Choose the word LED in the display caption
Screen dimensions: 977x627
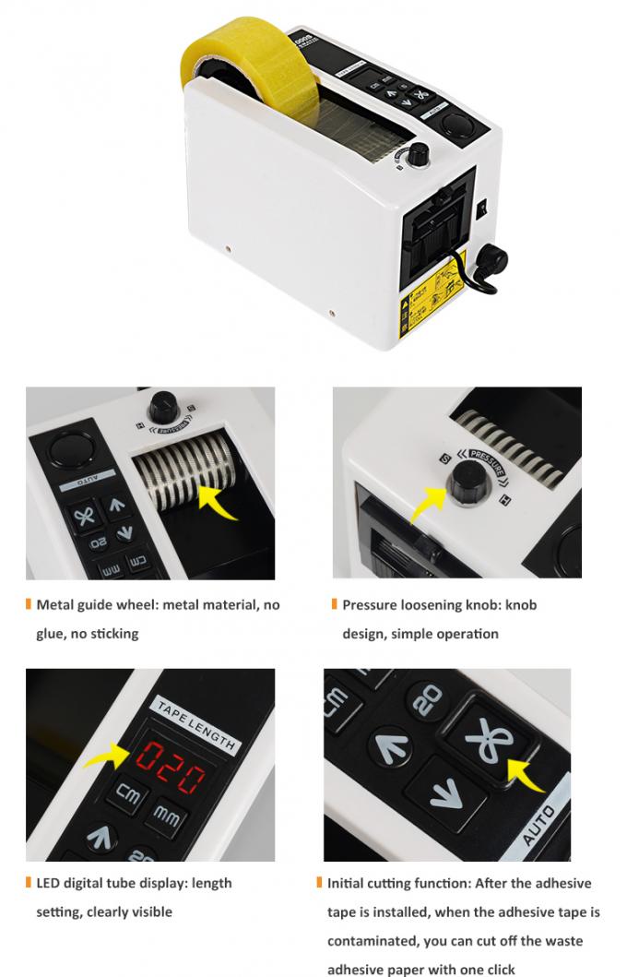(x=49, y=883)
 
